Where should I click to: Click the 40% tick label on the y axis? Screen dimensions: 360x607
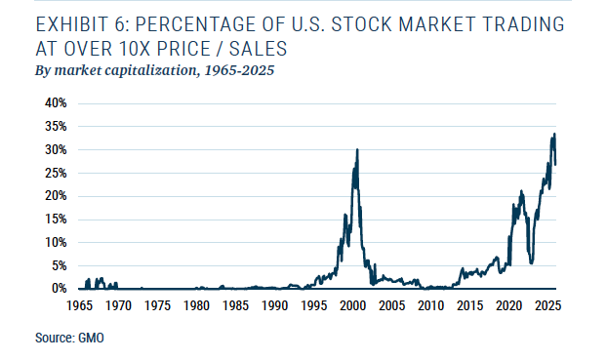click(52, 102)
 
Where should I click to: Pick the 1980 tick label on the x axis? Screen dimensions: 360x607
click(196, 305)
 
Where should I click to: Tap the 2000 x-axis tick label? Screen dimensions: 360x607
click(352, 305)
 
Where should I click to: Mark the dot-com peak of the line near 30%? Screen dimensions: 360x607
click(357, 149)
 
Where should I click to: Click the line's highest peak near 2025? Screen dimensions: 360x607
click(554, 134)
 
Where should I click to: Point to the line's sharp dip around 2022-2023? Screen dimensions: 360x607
click(531, 262)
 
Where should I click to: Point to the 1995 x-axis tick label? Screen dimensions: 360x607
click(313, 305)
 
